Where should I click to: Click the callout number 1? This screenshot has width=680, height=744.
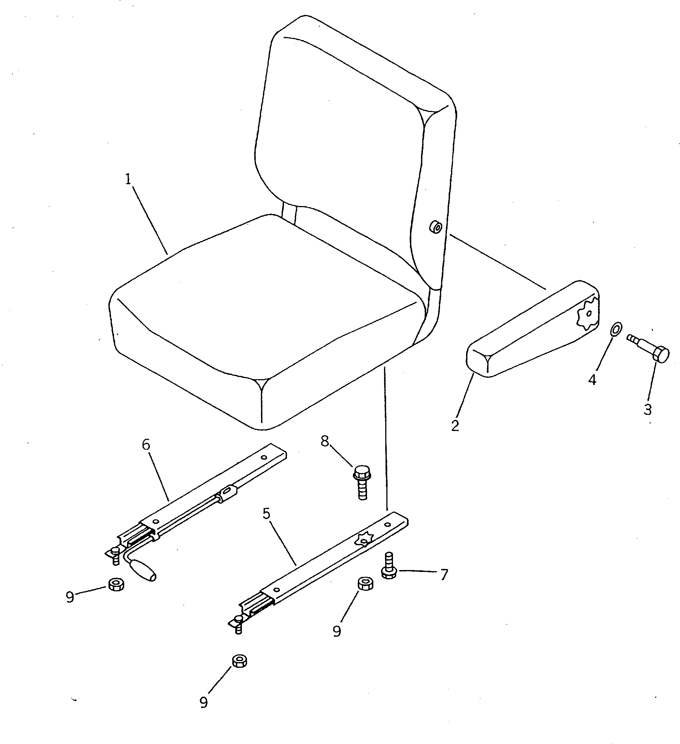click(x=128, y=180)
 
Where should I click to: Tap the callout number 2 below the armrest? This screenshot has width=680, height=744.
click(x=455, y=425)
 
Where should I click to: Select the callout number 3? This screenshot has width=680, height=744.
click(x=648, y=410)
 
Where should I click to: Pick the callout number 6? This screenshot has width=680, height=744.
click(x=146, y=445)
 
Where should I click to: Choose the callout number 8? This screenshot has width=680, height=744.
click(x=325, y=441)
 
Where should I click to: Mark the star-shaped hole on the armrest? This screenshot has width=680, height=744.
click(x=588, y=315)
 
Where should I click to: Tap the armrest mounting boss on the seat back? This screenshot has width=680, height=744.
click(x=436, y=227)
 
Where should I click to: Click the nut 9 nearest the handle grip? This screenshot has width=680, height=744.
click(x=116, y=584)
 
